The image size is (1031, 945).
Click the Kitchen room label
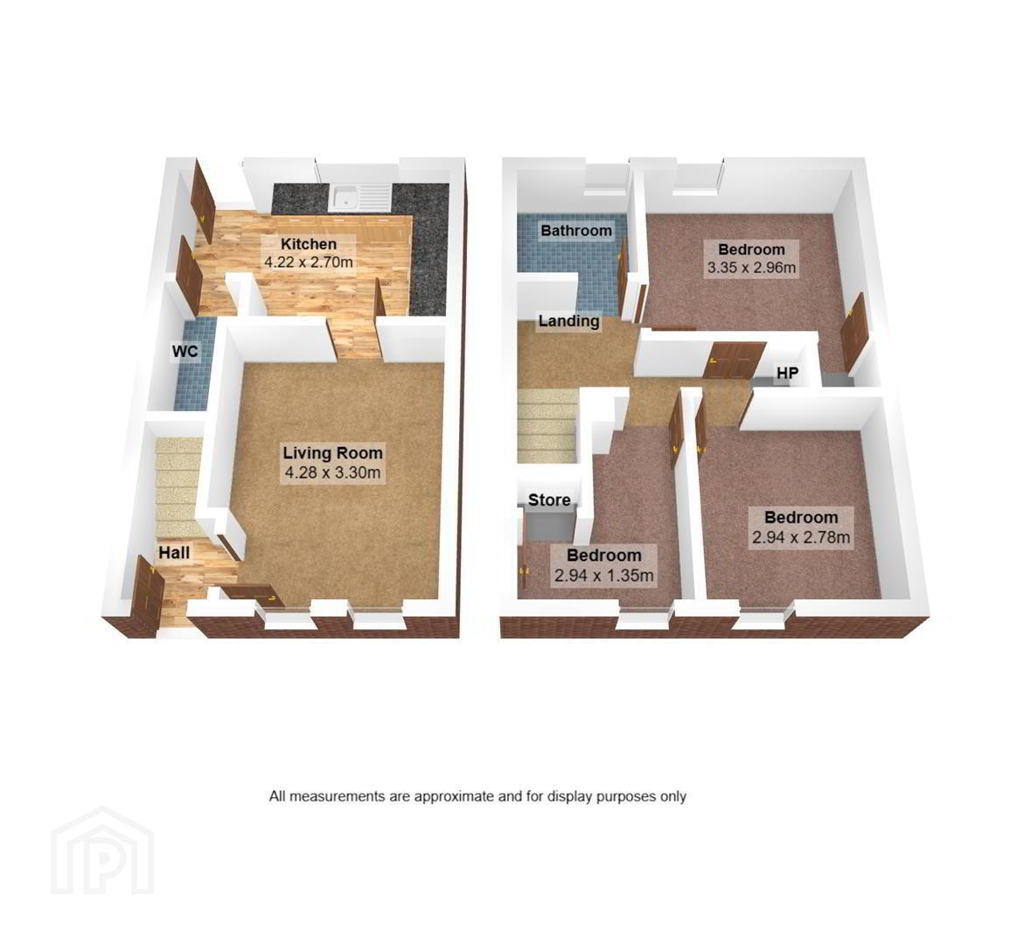click(x=309, y=243)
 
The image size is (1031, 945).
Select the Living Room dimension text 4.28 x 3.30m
click(x=332, y=472)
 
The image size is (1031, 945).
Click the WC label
click(x=185, y=352)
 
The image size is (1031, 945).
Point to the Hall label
click(x=174, y=553)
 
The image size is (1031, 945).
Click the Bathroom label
click(x=576, y=230)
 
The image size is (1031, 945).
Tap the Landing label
click(x=568, y=321)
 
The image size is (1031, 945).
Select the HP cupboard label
click(x=787, y=373)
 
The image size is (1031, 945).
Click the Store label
click(x=549, y=500)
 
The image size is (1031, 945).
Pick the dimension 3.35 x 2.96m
click(x=751, y=268)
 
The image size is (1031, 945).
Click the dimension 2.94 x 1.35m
click(x=604, y=576)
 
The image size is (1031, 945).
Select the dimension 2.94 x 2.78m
click(x=801, y=537)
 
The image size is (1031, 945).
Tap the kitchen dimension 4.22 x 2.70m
click(x=309, y=262)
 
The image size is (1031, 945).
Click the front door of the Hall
click(x=145, y=597)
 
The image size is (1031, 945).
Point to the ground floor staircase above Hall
click(x=177, y=485)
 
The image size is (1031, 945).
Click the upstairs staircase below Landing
click(x=546, y=426)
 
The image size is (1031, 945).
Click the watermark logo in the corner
click(x=102, y=850)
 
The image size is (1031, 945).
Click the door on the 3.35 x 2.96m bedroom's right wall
click(x=854, y=333)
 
